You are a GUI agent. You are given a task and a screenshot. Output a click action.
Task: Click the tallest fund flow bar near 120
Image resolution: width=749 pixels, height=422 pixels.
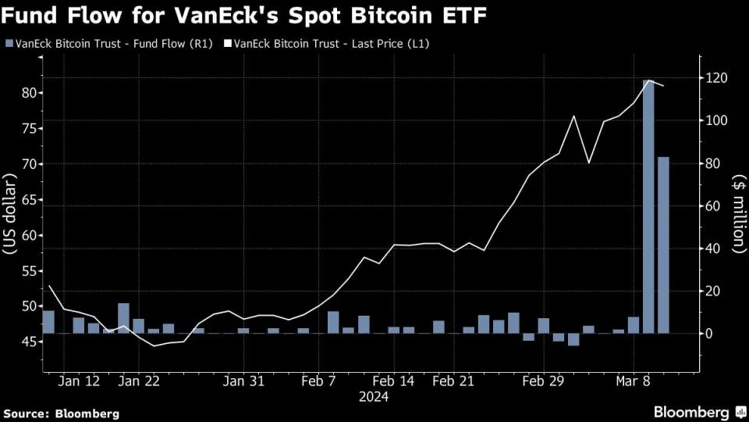(x=648, y=206)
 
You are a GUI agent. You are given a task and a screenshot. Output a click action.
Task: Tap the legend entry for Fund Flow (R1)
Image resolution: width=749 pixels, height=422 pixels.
(x=101, y=44)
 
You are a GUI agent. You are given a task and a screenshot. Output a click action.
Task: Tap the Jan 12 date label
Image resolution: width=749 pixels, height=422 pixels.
(x=80, y=381)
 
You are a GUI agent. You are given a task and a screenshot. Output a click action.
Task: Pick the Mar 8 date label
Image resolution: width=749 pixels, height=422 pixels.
(x=633, y=381)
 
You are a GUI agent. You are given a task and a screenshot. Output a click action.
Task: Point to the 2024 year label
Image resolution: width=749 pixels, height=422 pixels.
(x=374, y=396)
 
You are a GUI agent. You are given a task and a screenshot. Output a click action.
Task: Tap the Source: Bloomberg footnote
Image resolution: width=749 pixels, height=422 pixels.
(x=62, y=413)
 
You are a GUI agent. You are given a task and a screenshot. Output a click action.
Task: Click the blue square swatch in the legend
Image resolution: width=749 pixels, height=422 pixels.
(x=9, y=44)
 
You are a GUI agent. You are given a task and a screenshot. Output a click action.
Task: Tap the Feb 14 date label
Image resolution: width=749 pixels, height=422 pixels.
(x=394, y=381)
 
